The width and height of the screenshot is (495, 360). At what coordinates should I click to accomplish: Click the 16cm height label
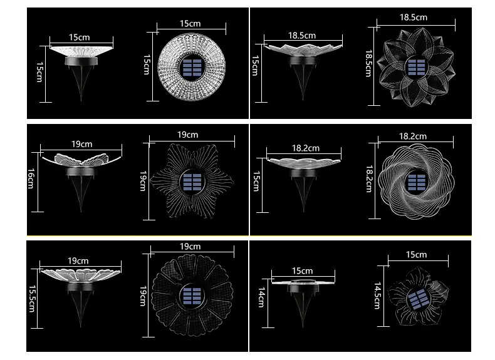31,178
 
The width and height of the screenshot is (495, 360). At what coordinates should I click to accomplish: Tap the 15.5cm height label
32,299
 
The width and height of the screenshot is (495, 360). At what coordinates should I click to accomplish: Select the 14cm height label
261,297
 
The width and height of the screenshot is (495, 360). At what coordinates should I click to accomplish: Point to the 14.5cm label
377,296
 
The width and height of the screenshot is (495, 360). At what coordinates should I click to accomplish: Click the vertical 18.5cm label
368,63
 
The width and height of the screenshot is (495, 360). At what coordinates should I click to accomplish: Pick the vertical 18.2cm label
369,179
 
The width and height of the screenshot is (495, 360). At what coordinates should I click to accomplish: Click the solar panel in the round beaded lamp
192,68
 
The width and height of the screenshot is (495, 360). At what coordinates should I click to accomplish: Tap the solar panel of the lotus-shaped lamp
417,67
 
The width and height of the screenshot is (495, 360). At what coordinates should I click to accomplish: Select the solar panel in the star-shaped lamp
192,182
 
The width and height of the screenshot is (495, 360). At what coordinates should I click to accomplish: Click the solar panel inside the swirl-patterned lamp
417,183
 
